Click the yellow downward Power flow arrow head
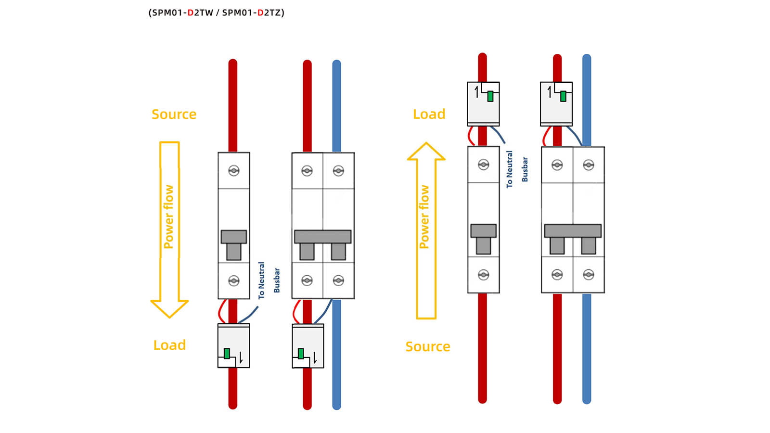169,308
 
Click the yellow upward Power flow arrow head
426,152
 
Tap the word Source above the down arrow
174,115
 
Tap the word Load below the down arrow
169,345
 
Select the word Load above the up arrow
429,115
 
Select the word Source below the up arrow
427,347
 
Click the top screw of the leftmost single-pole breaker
234,170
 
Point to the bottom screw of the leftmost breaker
234,280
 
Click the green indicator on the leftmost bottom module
227,353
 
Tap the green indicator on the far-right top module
563,96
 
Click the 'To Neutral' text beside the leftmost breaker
261,280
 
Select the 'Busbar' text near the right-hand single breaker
525,169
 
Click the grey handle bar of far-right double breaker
573,230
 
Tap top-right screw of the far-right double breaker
589,165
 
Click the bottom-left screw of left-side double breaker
307,280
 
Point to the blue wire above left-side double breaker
337,106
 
